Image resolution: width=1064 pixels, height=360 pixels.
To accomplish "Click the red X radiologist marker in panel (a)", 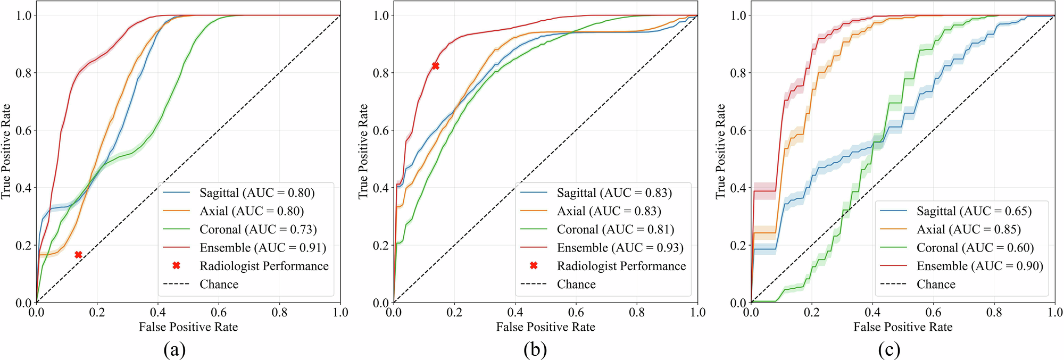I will (78, 255).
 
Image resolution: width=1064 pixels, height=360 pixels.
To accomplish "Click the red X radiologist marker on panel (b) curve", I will (436, 66).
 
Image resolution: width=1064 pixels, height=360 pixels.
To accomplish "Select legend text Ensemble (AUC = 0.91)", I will (263, 248).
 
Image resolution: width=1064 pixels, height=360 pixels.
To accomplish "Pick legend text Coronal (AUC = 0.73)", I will (258, 230).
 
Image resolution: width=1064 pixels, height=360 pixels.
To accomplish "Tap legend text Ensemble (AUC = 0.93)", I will (620, 248).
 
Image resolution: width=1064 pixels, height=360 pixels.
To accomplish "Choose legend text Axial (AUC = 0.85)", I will (969, 230).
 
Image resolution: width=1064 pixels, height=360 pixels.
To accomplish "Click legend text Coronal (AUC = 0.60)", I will (975, 248).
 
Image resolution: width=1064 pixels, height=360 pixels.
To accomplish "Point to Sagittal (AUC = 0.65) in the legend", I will (974, 212).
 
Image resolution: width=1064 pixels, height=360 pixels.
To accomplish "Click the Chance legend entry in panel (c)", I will (936, 284).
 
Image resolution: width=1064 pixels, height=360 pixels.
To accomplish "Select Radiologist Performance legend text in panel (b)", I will (621, 266).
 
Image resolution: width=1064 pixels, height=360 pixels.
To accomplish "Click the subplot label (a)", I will (175, 349).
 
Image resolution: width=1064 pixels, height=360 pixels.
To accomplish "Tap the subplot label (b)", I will (535, 349).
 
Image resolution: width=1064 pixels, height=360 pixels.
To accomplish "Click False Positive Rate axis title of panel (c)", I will (903, 327).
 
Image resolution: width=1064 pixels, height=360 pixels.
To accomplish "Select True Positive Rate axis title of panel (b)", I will (363, 152).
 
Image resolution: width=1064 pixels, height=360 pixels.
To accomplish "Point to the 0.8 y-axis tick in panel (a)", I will (24, 73).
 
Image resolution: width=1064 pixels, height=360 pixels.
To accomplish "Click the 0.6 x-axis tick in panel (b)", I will (576, 313).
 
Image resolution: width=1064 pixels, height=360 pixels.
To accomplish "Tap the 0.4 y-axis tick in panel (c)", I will (739, 188).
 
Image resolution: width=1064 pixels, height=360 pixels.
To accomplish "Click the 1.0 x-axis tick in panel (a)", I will (340, 313).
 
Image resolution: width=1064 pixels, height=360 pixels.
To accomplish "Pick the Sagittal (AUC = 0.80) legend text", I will (257, 193).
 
